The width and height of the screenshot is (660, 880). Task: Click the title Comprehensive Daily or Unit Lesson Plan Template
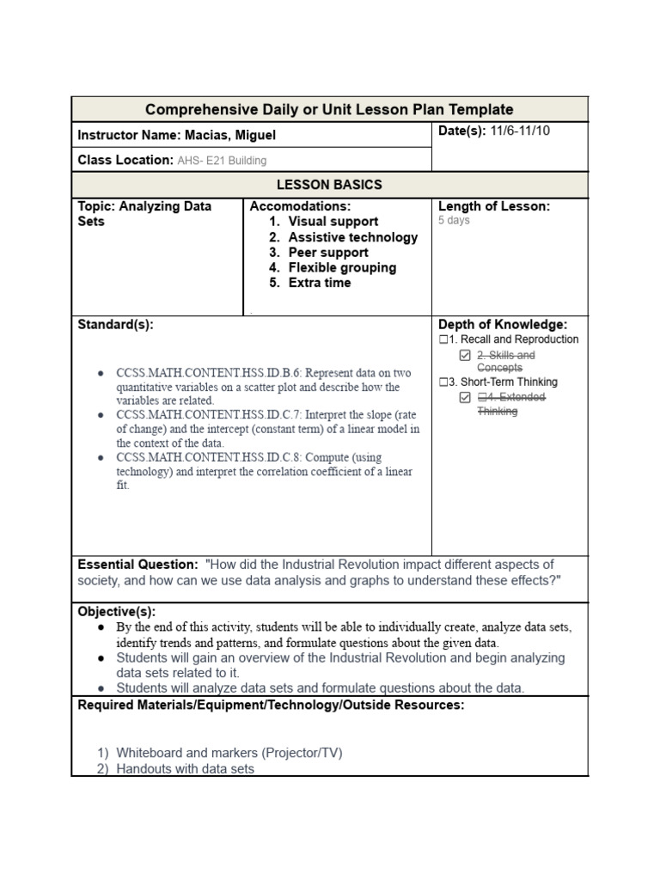(x=329, y=110)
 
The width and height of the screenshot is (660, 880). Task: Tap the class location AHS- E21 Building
(x=221, y=160)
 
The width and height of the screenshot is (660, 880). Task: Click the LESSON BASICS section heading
(x=329, y=185)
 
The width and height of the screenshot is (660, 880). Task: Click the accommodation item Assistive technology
(x=352, y=237)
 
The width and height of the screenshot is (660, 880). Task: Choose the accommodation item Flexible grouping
(x=342, y=267)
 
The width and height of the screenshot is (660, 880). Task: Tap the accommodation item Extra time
(x=319, y=283)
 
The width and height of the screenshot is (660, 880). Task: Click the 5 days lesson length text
(x=454, y=221)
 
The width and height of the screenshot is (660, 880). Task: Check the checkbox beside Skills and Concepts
(x=465, y=355)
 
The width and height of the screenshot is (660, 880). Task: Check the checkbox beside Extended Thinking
(x=465, y=397)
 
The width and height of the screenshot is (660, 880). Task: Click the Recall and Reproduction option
(x=513, y=339)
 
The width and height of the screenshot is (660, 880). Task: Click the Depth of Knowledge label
(x=503, y=324)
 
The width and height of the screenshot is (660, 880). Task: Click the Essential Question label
(x=137, y=565)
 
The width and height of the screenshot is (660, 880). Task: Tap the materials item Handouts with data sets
(x=185, y=769)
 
